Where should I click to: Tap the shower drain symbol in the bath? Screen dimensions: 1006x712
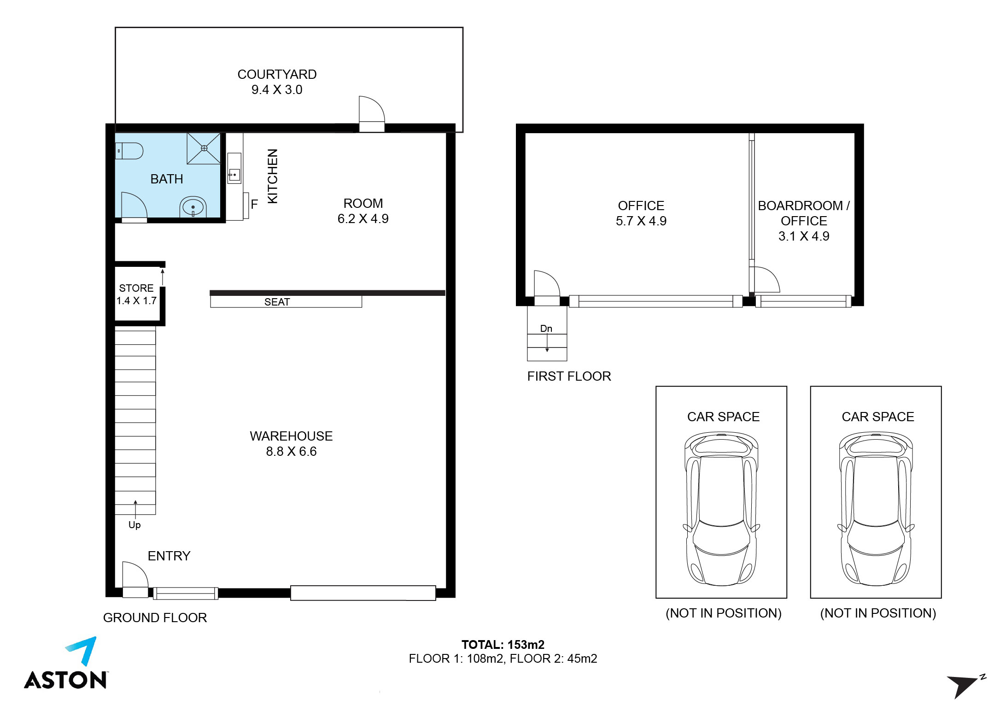point(204,148)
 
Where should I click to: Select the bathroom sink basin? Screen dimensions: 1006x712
point(193,207)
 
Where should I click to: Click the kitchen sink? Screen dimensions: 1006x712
point(234,175)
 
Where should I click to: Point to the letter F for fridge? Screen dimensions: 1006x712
point(254,204)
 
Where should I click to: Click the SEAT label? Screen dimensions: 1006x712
point(277,302)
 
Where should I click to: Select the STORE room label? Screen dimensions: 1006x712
point(136,288)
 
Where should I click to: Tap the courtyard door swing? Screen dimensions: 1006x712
point(372,109)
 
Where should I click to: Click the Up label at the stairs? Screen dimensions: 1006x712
point(135,525)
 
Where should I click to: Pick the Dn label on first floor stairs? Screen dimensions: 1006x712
point(546,329)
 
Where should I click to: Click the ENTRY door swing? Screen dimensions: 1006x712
point(135,575)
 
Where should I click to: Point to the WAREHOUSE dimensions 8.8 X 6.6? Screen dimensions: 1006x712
point(291,451)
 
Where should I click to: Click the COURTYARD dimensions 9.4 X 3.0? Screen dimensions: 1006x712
point(277,89)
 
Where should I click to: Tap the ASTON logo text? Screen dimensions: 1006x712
point(66,680)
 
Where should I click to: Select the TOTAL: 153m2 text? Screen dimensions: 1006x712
point(503,644)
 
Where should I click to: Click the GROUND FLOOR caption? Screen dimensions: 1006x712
point(155,618)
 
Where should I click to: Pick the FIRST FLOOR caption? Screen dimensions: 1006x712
point(569,376)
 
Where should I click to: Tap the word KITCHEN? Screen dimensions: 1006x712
point(273,176)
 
